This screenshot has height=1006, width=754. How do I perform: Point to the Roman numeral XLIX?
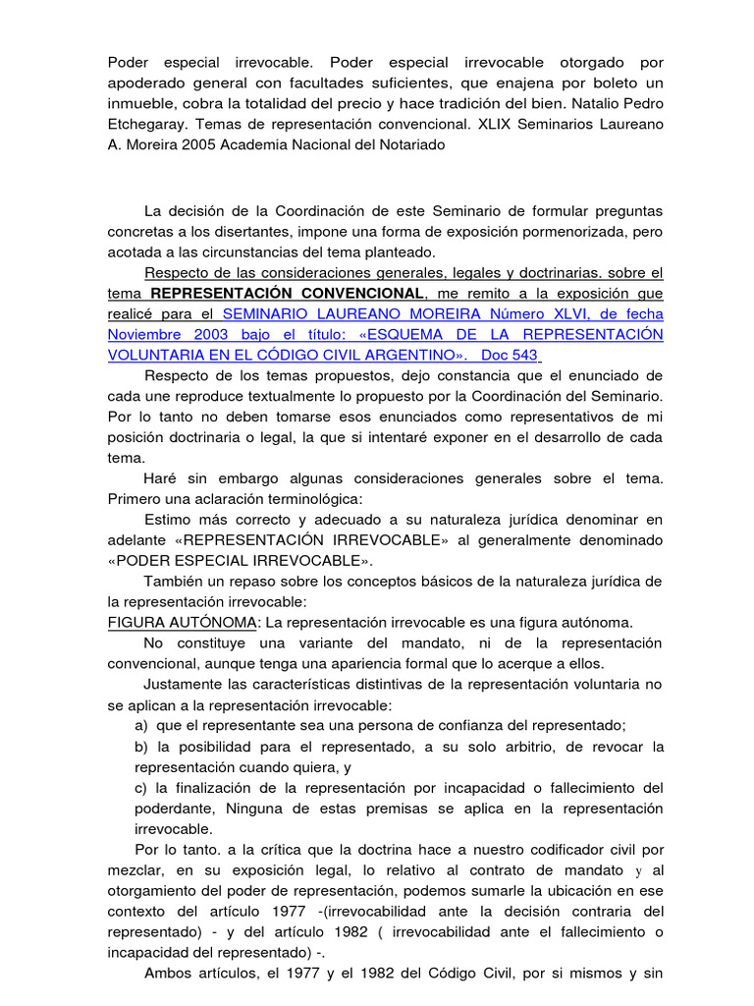[x=501, y=125]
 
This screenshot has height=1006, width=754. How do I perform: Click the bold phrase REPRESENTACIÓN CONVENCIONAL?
[x=287, y=293]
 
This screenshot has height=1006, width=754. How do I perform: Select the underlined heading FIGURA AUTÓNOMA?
[x=182, y=623]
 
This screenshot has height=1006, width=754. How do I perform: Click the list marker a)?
[x=142, y=725]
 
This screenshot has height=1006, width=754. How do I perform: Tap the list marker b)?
[x=142, y=747]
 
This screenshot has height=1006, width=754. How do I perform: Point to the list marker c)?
[x=141, y=787]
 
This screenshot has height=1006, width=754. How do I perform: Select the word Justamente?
[x=187, y=685]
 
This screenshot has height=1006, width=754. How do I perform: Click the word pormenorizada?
[x=568, y=231]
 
